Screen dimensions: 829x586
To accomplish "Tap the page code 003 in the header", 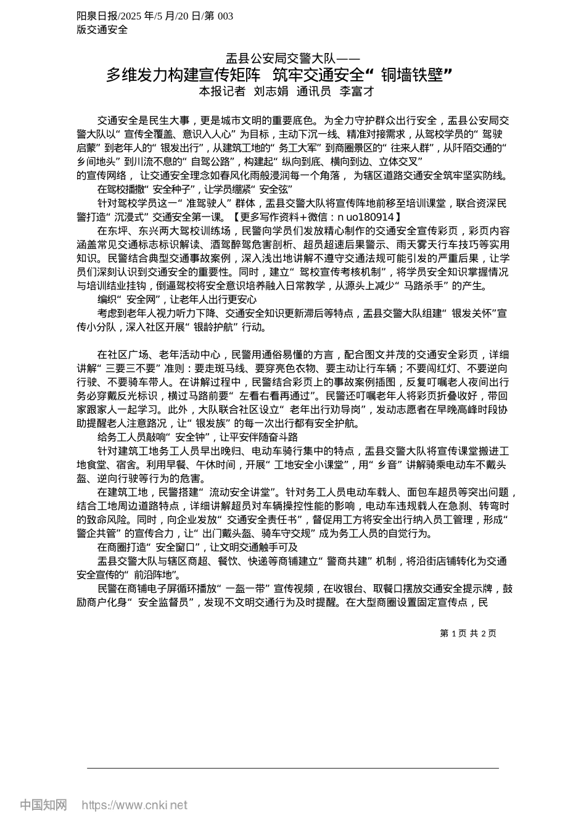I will coord(225,16).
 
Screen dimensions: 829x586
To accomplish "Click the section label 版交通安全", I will coord(102,29).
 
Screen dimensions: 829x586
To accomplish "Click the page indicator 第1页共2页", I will coord(468,633).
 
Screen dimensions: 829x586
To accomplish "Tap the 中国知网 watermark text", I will coord(43,804).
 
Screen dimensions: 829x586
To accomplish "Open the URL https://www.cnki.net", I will coord(134,805).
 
